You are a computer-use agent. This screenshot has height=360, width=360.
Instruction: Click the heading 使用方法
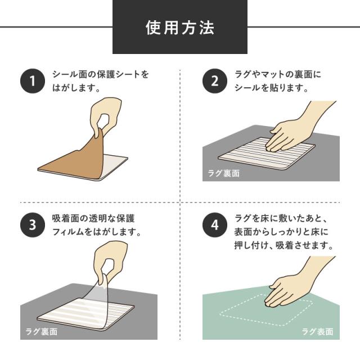tap(180, 28)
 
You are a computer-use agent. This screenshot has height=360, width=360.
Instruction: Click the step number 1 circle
tap(32, 82)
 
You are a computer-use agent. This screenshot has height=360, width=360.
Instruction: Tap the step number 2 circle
tap(214, 82)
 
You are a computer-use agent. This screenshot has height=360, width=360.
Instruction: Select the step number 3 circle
tap(32, 225)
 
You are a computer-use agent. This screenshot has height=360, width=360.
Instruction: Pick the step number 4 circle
tap(214, 225)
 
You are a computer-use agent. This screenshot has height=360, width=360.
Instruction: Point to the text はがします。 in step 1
tap(76, 88)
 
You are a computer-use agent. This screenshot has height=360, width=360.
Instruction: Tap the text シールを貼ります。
tap(270, 88)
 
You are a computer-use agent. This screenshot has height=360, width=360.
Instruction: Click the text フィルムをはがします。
tap(96, 232)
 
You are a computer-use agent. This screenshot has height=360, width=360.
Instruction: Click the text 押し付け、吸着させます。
tap(284, 246)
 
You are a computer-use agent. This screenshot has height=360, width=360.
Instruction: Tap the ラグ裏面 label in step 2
tap(223, 173)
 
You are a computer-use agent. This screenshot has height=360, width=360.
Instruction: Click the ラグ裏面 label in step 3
tap(41, 332)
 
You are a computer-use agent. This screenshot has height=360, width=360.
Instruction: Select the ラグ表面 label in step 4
tap(318, 332)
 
